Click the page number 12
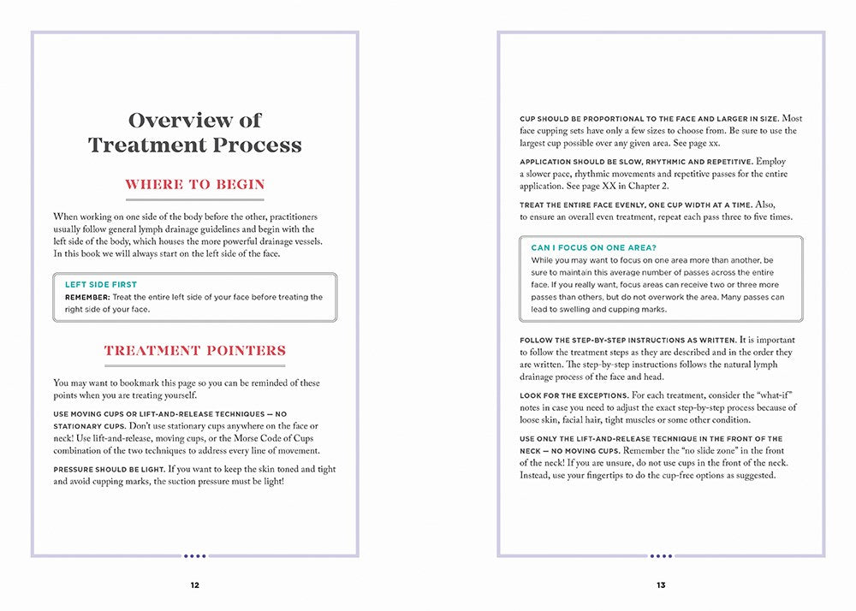tap(194, 585)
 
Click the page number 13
tap(661, 585)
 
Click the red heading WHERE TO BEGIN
tap(195, 184)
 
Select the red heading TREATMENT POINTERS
tap(195, 350)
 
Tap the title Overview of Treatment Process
tap(195, 133)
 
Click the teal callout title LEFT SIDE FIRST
tap(101, 284)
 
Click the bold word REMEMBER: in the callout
tap(87, 297)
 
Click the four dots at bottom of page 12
tap(195, 555)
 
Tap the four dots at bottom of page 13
tap(661, 555)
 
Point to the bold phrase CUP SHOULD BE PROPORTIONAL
tap(589, 118)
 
